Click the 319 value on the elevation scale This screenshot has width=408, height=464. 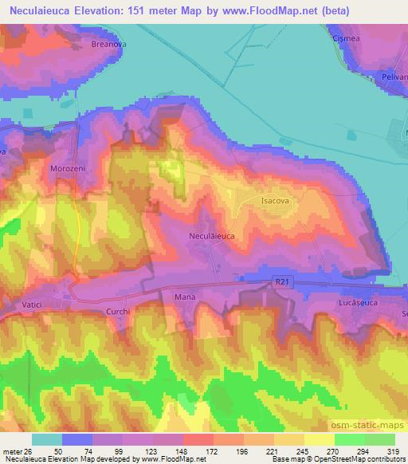(x=394, y=450)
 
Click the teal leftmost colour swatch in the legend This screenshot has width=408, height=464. (x=47, y=439)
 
